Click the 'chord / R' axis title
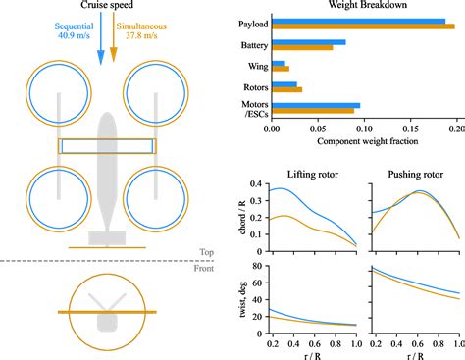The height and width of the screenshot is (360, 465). [x=243, y=215]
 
